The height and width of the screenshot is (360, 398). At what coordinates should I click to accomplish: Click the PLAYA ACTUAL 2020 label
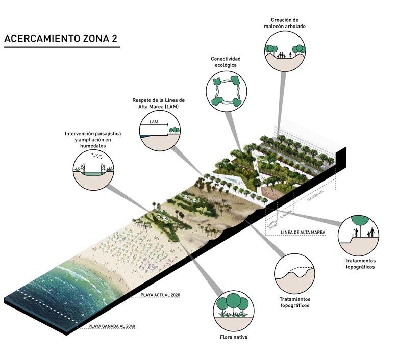[161, 295]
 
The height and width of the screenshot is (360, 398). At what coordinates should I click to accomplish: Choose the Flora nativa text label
[234, 337]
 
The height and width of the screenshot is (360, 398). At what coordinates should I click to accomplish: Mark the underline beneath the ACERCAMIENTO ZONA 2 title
[62, 48]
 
